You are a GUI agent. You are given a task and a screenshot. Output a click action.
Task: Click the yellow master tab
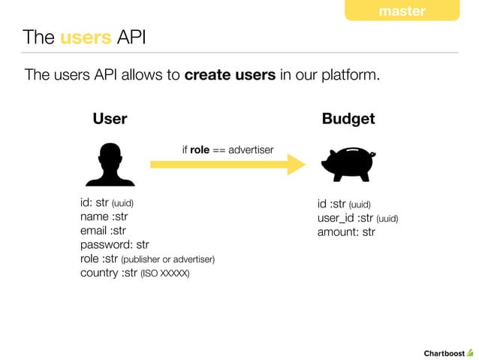402,11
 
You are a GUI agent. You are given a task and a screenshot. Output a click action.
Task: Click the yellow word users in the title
86,37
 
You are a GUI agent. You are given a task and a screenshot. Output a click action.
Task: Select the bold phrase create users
230,75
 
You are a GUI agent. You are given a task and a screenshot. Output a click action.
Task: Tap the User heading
110,119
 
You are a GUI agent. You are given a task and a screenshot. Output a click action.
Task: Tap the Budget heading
348,119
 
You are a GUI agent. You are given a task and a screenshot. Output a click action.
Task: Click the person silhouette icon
110,165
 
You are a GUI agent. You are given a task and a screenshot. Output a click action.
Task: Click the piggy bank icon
348,165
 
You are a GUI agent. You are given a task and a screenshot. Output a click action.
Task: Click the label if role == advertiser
227,150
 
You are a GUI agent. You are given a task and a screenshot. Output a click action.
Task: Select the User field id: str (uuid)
107,203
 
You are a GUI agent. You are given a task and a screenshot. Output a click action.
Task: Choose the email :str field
103,231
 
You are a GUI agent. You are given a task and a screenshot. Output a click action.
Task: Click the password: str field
114,244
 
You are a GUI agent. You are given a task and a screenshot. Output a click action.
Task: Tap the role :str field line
147,259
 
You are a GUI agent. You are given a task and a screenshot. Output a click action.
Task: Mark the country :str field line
134,272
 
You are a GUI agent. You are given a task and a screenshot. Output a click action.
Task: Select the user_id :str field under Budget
357,218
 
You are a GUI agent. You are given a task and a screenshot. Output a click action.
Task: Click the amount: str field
346,232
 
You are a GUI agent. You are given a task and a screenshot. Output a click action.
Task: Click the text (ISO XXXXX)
165,273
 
